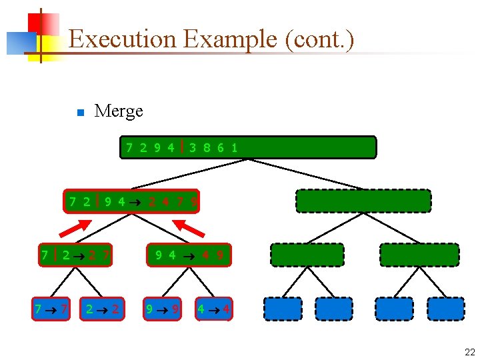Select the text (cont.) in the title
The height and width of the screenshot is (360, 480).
319,39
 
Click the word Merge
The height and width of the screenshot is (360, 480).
119,111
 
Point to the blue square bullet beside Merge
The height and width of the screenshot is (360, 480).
79,112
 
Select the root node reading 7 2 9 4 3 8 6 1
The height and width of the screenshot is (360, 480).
248,147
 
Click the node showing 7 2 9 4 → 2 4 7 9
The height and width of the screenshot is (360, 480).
131,201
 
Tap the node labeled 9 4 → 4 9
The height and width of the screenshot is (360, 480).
188,255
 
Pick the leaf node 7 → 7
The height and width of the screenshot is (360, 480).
51,309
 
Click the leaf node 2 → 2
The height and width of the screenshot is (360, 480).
102,309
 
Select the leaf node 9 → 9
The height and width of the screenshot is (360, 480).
161,309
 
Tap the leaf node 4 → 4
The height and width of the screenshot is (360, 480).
213,309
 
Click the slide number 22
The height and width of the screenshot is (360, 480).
469,352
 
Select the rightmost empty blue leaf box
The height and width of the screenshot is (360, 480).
445,309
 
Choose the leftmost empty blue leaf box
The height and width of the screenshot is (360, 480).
283,309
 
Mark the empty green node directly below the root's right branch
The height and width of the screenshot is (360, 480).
363,201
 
